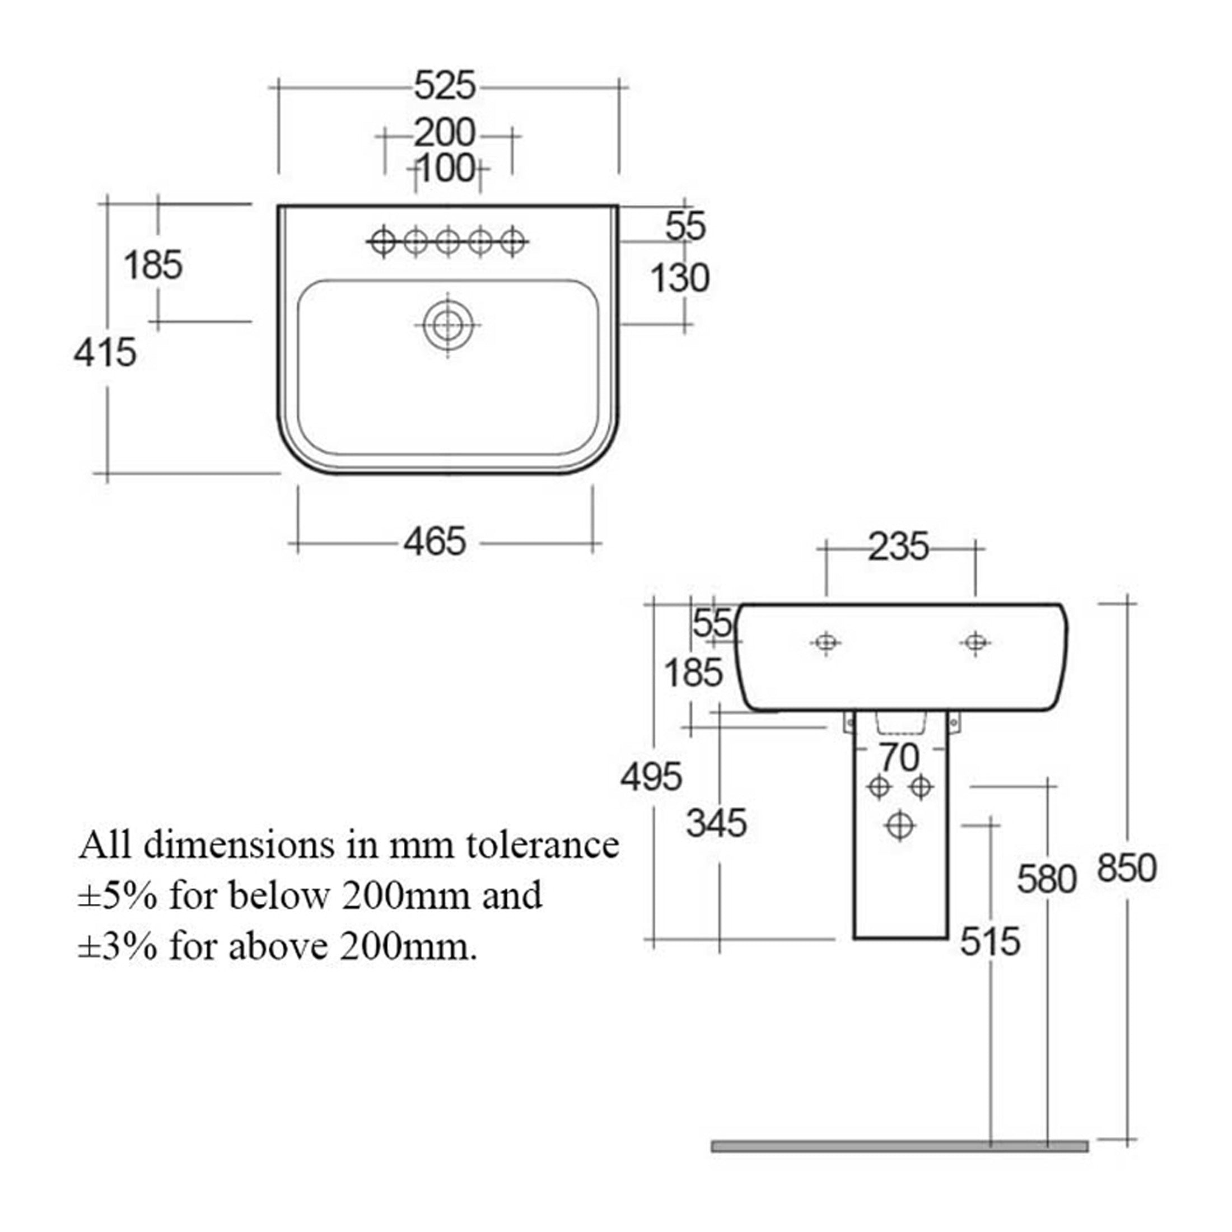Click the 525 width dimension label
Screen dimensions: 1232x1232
[x=445, y=86]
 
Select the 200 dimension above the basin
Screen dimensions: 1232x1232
[x=445, y=133]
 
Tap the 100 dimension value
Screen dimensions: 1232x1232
[x=446, y=169]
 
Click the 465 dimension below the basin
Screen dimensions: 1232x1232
[x=435, y=542]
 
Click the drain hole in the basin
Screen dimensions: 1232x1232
[x=447, y=325]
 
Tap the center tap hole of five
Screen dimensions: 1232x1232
[x=447, y=242]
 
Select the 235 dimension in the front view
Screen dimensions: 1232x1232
[x=898, y=547]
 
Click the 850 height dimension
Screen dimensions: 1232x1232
[x=1127, y=869]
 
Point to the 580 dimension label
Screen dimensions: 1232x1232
[x=1047, y=879]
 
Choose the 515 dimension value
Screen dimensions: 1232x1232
[x=990, y=941]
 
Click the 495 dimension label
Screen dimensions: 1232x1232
[x=652, y=777]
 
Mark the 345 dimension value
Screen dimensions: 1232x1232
[x=716, y=823]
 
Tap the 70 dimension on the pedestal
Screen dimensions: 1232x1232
[x=899, y=758]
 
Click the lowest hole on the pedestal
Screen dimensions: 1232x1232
[x=900, y=825]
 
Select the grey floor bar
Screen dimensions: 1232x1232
[x=900, y=1146]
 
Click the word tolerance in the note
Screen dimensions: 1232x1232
[x=543, y=846]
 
